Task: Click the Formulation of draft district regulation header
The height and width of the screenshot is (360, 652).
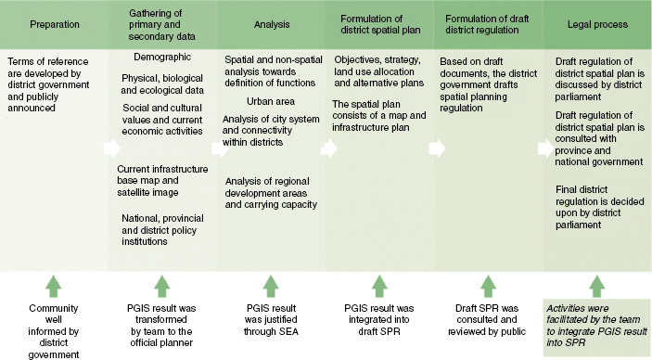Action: click(488, 24)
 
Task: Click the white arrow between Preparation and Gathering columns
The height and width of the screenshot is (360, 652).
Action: click(111, 147)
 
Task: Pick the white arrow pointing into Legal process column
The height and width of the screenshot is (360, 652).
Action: click(543, 147)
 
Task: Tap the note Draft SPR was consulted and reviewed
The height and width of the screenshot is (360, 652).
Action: click(486, 324)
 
